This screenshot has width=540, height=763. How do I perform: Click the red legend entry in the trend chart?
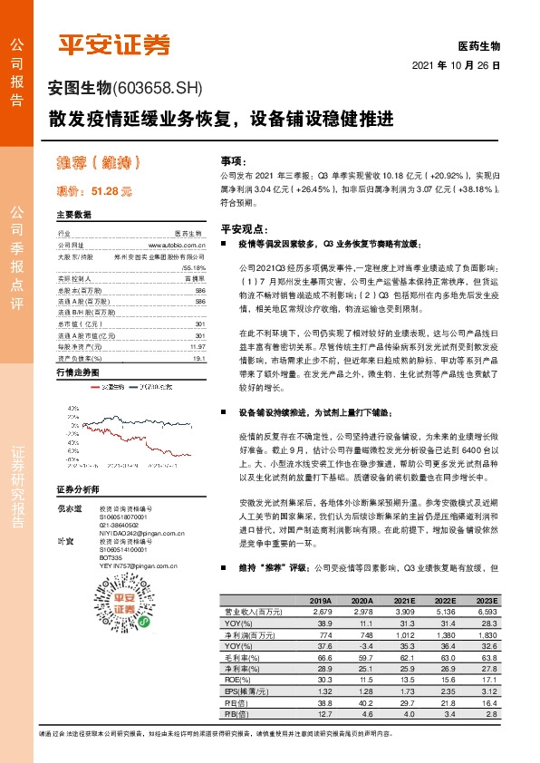click(104, 386)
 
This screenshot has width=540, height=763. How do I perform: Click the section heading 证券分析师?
click(76, 488)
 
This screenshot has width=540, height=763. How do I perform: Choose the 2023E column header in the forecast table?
click(486, 600)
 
